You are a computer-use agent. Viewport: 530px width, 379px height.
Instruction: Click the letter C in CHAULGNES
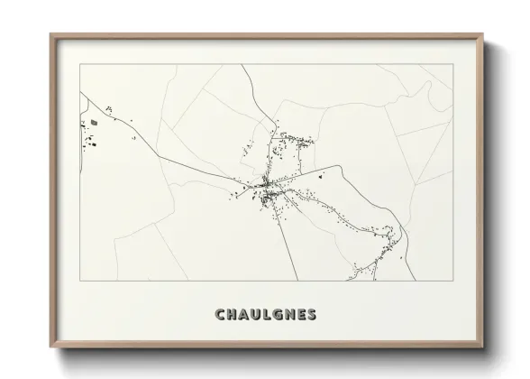click(x=220, y=314)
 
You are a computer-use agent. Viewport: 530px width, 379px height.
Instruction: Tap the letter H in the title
click(x=233, y=314)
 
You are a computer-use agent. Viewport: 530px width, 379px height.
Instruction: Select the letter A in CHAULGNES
click(x=245, y=314)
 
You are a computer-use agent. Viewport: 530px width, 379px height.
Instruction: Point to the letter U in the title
click(x=258, y=314)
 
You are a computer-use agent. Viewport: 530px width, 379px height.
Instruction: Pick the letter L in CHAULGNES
click(x=270, y=314)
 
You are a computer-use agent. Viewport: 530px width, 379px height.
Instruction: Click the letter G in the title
click(x=280, y=314)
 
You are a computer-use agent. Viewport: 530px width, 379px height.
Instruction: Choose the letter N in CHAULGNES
click(x=293, y=314)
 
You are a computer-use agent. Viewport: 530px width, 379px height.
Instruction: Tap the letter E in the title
click(x=305, y=314)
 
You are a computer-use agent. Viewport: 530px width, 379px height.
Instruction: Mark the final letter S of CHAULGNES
click(x=315, y=314)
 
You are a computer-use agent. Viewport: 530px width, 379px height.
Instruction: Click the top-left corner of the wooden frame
click(x=50, y=35)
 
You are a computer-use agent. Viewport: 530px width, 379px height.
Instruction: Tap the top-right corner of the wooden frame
click(x=484, y=35)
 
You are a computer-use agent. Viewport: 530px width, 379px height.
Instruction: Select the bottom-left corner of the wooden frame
click(x=50, y=348)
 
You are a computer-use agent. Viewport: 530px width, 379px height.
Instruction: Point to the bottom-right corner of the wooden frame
click(x=484, y=348)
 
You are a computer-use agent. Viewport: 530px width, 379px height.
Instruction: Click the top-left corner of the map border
click(x=80, y=64)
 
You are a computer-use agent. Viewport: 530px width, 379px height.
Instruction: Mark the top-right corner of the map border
click(x=452, y=64)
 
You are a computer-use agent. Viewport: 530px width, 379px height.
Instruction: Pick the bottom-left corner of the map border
click(x=80, y=280)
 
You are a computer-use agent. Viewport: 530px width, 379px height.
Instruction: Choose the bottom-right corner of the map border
click(x=452, y=280)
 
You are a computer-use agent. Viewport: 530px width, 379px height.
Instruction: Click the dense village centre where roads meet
click(x=267, y=187)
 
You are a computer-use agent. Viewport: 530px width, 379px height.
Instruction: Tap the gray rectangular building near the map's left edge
click(x=93, y=122)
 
